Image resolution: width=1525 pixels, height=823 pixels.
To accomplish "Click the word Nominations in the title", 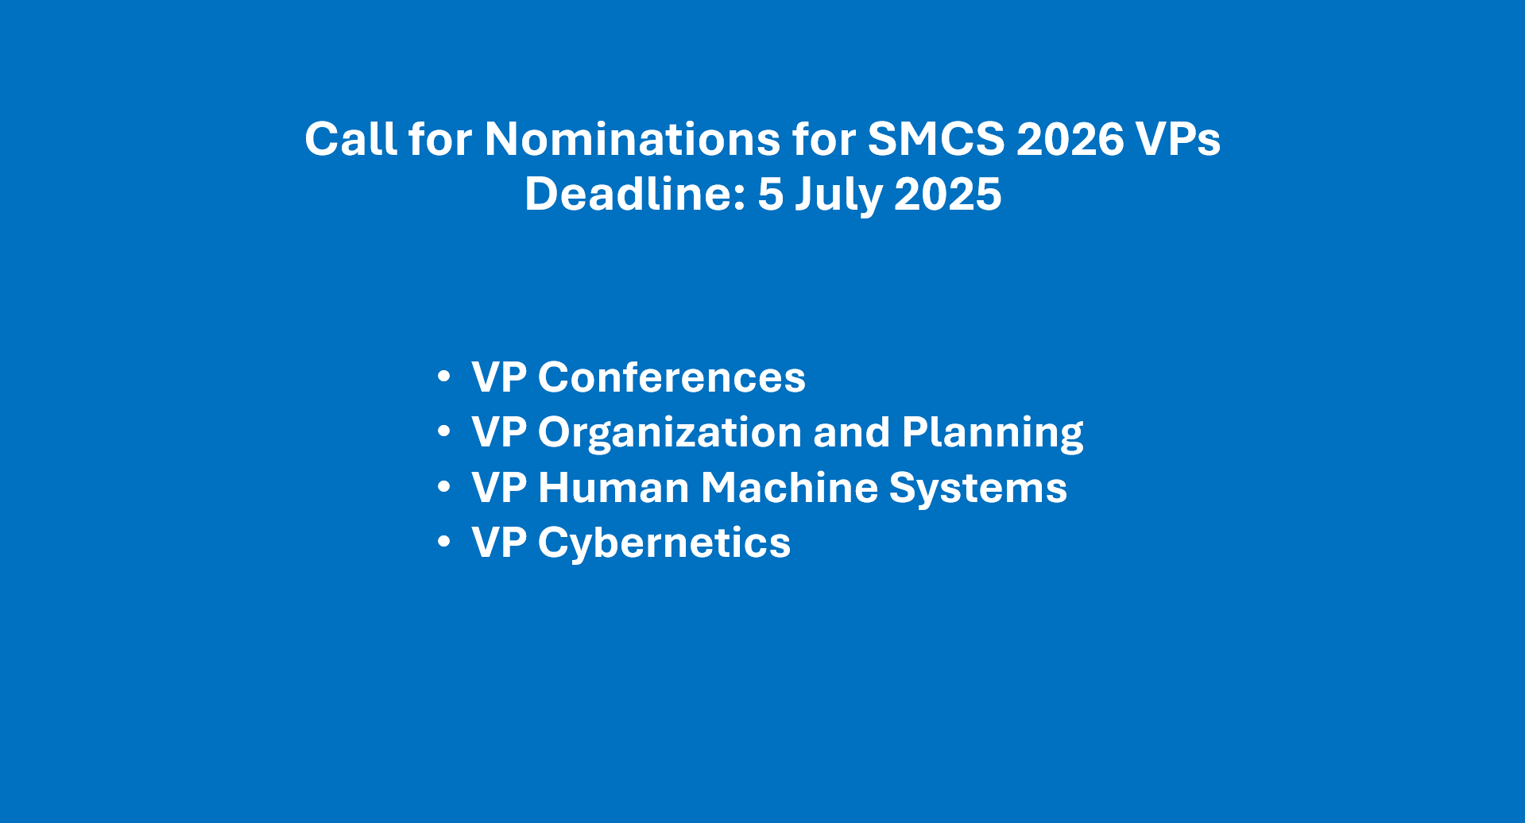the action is (x=632, y=139).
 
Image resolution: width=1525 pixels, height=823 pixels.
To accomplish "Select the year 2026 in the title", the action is (x=1070, y=139).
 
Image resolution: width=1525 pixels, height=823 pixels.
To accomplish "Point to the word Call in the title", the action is (x=350, y=139).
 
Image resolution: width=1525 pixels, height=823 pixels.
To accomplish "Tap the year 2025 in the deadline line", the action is (x=947, y=194).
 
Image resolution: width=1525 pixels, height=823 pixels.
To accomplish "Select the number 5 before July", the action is (x=770, y=194).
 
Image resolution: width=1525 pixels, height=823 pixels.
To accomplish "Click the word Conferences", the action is (x=672, y=377).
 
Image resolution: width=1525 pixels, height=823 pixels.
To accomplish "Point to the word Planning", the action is (x=993, y=433).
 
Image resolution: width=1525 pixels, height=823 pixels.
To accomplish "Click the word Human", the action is (x=613, y=488).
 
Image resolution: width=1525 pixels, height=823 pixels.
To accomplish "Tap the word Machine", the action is (x=789, y=488).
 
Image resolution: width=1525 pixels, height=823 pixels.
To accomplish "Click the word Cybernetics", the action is (x=664, y=543).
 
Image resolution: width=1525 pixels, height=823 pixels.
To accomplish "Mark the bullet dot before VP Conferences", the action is (x=443, y=377).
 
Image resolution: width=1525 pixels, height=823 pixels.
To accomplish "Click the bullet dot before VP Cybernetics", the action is (x=443, y=542).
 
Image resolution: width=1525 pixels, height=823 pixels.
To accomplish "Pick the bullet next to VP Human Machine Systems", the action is (x=443, y=487).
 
